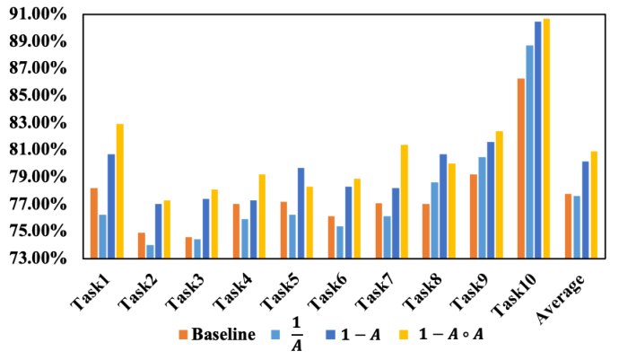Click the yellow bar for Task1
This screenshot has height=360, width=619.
tap(119, 191)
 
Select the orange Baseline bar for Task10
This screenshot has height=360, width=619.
tap(521, 169)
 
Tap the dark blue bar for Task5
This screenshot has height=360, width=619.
tap(301, 213)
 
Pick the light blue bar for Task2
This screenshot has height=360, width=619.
tap(150, 251)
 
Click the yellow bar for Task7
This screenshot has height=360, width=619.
tap(405, 201)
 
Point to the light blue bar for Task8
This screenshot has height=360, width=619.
tap(434, 220)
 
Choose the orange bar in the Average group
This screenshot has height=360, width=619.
tap(568, 226)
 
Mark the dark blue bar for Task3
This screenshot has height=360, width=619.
tap(206, 228)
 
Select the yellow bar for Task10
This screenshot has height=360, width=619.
tap(546, 139)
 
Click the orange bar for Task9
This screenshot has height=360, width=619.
tap(474, 216)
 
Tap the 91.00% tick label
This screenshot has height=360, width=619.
tap(39, 14)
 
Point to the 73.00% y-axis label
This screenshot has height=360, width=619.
tap(39, 258)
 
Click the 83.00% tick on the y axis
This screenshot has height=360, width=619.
tap(39, 123)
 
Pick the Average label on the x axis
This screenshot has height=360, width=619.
tap(561, 297)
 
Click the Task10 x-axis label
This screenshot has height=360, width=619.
tap(514, 294)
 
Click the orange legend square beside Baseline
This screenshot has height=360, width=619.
tap(183, 335)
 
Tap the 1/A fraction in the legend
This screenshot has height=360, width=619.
tap(297, 334)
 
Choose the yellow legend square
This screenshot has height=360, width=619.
tap(404, 335)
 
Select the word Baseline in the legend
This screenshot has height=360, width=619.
tap(223, 335)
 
